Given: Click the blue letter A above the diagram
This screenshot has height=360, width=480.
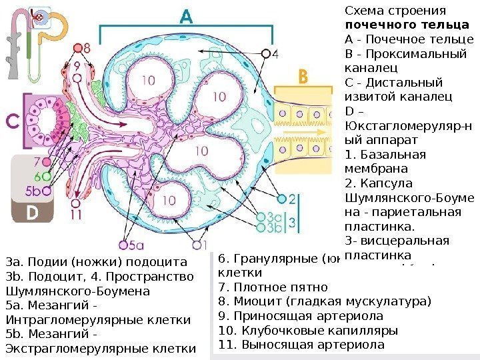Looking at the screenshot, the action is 189,17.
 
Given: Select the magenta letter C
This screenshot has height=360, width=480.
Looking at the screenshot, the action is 12,123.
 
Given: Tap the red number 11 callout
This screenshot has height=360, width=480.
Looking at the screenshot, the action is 75,215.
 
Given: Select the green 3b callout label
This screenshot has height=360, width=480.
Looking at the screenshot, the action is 273,227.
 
